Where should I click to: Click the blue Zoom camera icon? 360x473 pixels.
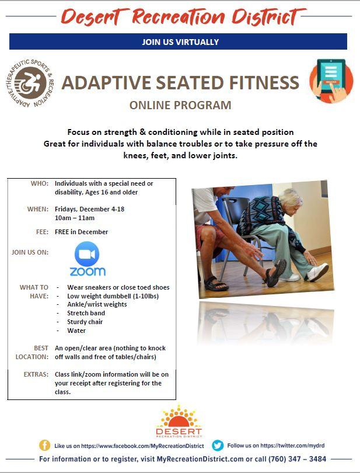click(x=87, y=254)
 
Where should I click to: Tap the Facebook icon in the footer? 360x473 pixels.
click(x=44, y=445)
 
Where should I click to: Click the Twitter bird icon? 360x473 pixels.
click(x=218, y=445)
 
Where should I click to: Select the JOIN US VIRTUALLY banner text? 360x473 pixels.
click(x=180, y=42)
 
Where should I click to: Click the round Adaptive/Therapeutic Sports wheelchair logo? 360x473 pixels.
click(x=30, y=83)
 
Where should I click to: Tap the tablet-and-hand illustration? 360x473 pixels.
click(x=331, y=80)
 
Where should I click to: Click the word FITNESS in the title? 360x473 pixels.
click(x=264, y=83)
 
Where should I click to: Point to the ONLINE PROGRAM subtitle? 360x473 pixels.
click(x=180, y=105)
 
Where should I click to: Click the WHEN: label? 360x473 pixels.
click(x=38, y=209)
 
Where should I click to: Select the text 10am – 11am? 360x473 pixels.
click(x=75, y=218)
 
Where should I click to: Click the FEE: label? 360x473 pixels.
click(x=42, y=232)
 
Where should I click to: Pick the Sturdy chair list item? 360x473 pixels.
click(x=85, y=322)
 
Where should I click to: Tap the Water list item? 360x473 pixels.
click(x=76, y=331)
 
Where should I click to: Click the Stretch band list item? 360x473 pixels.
click(x=86, y=313)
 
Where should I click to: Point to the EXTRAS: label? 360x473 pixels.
click(x=36, y=374)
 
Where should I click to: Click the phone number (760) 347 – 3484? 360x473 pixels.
click(x=297, y=459)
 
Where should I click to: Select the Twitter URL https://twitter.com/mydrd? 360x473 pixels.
click(x=292, y=445)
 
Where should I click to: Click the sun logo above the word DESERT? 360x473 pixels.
click(x=179, y=416)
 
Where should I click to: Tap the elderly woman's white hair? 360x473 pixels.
click(x=291, y=197)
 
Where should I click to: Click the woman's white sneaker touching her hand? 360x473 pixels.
click(x=318, y=272)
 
